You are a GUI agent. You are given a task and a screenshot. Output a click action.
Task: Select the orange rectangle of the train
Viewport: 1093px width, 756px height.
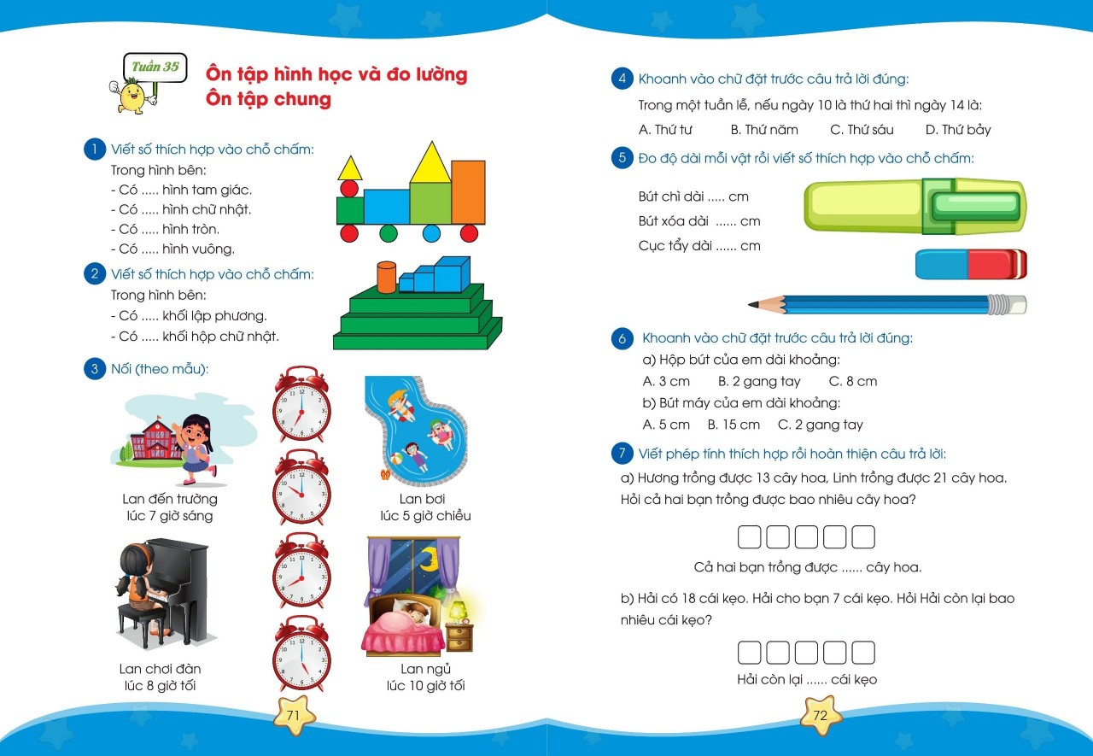coord(468,192)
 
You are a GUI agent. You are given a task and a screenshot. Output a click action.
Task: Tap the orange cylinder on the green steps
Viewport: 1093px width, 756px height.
coord(387,277)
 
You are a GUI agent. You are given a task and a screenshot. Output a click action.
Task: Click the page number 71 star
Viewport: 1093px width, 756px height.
coord(293,716)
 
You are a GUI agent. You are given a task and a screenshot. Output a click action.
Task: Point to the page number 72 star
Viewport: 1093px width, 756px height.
coord(821,716)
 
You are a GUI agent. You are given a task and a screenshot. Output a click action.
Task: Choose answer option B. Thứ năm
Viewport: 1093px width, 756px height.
coord(764,130)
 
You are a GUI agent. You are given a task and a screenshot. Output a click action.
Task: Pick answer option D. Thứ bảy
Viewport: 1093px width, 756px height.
coord(958,130)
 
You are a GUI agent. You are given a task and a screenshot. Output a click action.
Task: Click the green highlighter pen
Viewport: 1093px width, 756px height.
coord(914,206)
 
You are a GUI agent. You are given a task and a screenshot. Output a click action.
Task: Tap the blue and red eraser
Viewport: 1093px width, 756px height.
coord(971,264)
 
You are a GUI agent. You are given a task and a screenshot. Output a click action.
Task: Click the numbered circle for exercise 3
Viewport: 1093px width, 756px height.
coord(93,369)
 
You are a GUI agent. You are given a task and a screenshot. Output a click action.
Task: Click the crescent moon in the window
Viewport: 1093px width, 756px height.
coord(428,560)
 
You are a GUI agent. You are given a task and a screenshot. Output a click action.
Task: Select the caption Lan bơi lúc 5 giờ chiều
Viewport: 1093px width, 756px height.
coord(425,507)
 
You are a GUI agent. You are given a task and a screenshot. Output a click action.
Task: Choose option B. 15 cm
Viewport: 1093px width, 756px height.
coord(734,425)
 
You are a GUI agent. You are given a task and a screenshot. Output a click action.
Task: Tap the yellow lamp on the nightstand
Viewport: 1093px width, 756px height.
coord(459,609)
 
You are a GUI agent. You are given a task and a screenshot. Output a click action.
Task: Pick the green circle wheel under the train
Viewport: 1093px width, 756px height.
coord(389,233)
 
